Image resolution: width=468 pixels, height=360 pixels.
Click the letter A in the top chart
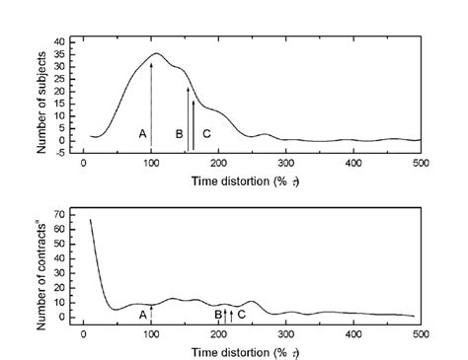(x=142, y=133)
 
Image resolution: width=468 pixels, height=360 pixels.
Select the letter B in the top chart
(x=179, y=133)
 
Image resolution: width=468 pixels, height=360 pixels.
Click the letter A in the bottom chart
(x=142, y=314)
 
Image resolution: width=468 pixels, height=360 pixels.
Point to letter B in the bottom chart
(x=218, y=314)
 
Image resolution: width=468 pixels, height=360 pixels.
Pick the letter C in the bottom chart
(x=242, y=314)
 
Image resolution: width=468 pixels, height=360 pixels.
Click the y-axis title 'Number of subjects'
(x=42, y=97)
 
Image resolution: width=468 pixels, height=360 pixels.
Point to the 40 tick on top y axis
(x=60, y=41)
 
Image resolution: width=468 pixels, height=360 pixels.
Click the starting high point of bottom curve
(x=90, y=219)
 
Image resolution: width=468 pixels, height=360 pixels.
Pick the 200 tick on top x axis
(x=218, y=162)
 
